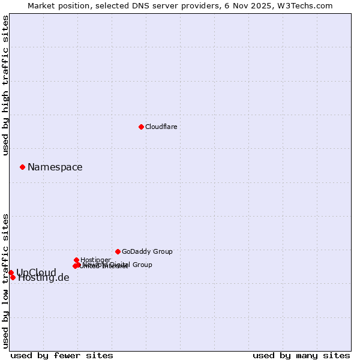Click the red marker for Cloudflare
141,127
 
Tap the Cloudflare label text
161,127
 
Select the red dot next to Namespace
22,167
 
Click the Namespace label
55,167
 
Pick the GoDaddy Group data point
118,251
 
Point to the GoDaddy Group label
147,251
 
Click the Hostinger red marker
76,260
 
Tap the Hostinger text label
95,260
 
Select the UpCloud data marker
11,272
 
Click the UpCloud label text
36,272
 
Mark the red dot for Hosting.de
13,277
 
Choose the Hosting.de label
44,278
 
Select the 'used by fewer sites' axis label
62,355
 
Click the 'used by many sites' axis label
301,355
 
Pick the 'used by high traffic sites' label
5,85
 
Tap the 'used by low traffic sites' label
5,281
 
